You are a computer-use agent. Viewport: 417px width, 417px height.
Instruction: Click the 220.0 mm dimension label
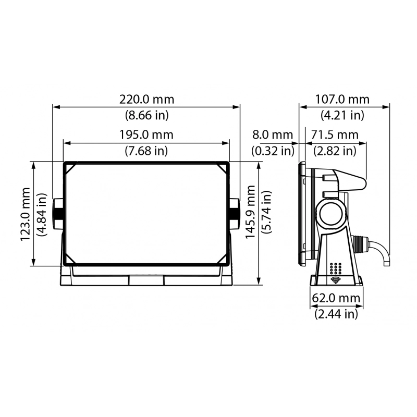146,100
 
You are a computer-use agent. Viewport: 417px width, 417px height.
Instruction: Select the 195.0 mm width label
146,135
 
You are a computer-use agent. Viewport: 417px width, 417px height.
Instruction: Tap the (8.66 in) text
147,115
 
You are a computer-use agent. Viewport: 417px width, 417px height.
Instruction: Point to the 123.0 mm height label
25,214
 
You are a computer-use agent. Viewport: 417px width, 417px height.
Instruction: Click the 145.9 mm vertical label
250,212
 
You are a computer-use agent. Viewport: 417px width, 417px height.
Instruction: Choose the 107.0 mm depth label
342,100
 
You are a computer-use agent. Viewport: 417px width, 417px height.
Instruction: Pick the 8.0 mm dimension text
273,135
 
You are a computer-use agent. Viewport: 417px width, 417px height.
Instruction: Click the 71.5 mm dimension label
335,135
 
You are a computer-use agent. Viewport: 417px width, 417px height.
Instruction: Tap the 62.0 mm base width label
336,298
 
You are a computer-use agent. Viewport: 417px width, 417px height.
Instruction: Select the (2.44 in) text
336,314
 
